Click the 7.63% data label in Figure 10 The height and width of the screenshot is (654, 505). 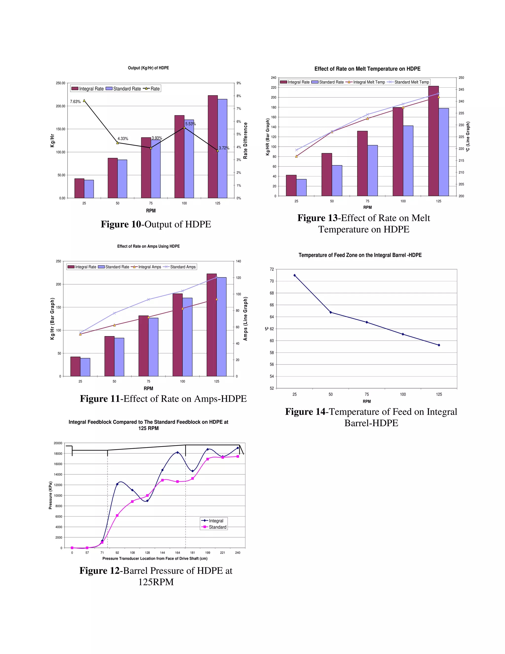coord(75,102)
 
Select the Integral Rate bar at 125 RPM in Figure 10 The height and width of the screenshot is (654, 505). coord(213,147)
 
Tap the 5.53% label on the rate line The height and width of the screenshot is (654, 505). coord(190,124)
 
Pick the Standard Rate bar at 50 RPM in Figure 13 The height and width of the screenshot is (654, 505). coord(337,181)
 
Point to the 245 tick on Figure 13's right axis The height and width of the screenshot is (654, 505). coord(461,90)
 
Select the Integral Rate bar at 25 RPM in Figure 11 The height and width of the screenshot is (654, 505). coord(75,366)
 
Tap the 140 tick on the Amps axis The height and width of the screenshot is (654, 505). coord(238,261)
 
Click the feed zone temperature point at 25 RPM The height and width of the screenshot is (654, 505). coord(295,275)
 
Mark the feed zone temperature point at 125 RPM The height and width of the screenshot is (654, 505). coord(439,345)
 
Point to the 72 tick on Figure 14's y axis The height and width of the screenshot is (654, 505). coord(272,269)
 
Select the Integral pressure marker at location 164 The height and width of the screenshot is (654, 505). coord(177,452)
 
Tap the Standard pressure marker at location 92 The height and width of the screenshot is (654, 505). coord(117,515)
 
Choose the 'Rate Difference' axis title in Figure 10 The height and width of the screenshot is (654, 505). coord(245,140)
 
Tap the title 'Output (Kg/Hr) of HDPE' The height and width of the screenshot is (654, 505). coord(148,68)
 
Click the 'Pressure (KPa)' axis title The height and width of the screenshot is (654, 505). coord(51,495)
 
